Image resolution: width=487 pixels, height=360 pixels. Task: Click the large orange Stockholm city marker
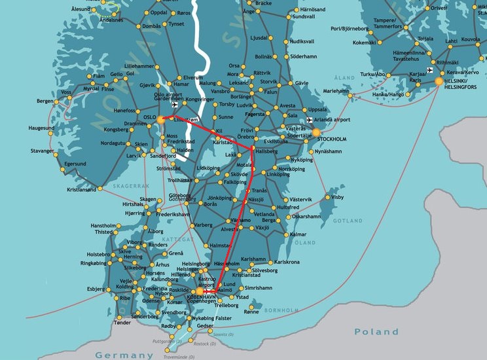coord(316,132)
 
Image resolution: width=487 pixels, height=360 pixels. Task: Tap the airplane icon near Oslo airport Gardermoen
coord(174,105)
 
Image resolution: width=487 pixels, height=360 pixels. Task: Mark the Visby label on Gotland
coord(338,197)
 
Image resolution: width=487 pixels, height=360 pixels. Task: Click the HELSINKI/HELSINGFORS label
coord(464,84)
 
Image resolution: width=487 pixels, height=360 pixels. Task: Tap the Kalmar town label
coord(298,234)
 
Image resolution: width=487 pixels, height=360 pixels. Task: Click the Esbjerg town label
coord(95,288)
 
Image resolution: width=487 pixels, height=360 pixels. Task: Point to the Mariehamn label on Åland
coord(337,91)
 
